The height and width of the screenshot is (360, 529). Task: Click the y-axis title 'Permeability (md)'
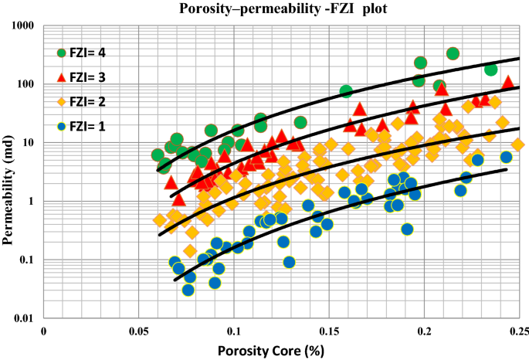[10, 173]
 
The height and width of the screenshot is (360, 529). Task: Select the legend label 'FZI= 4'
[95, 53]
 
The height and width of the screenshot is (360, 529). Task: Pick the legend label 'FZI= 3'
[95, 77]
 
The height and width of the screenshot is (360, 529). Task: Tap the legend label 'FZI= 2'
[95, 101]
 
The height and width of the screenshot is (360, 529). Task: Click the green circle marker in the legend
[63, 53]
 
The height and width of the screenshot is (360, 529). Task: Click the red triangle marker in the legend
[63, 76]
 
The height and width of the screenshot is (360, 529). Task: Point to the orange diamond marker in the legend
[63, 101]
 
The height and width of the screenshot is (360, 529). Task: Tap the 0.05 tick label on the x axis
[139, 330]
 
